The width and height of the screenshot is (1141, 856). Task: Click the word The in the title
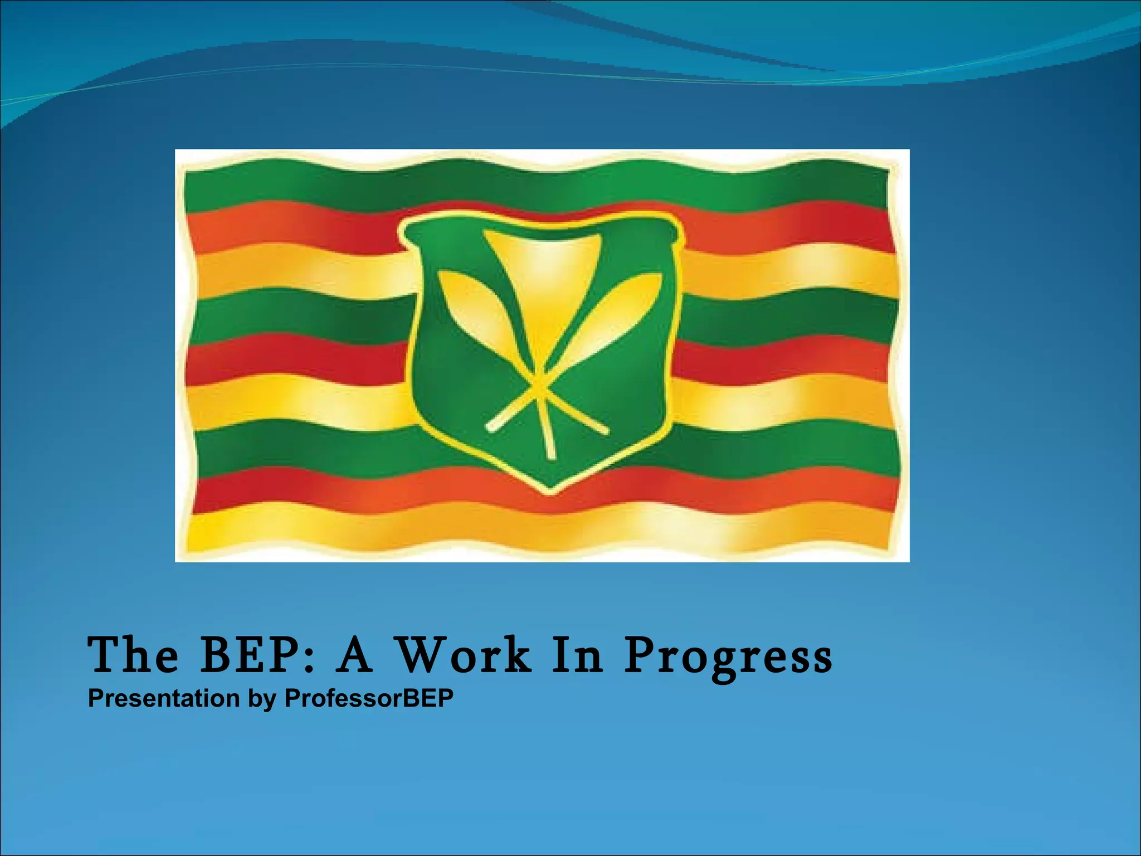[134, 655]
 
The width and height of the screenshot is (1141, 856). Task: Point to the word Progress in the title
[728, 658]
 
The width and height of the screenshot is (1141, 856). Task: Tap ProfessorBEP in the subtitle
[369, 699]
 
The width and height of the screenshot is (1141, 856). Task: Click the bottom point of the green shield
[550, 490]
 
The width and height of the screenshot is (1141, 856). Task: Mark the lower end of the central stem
[551, 456]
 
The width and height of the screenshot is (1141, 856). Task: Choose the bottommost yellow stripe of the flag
[535, 529]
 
